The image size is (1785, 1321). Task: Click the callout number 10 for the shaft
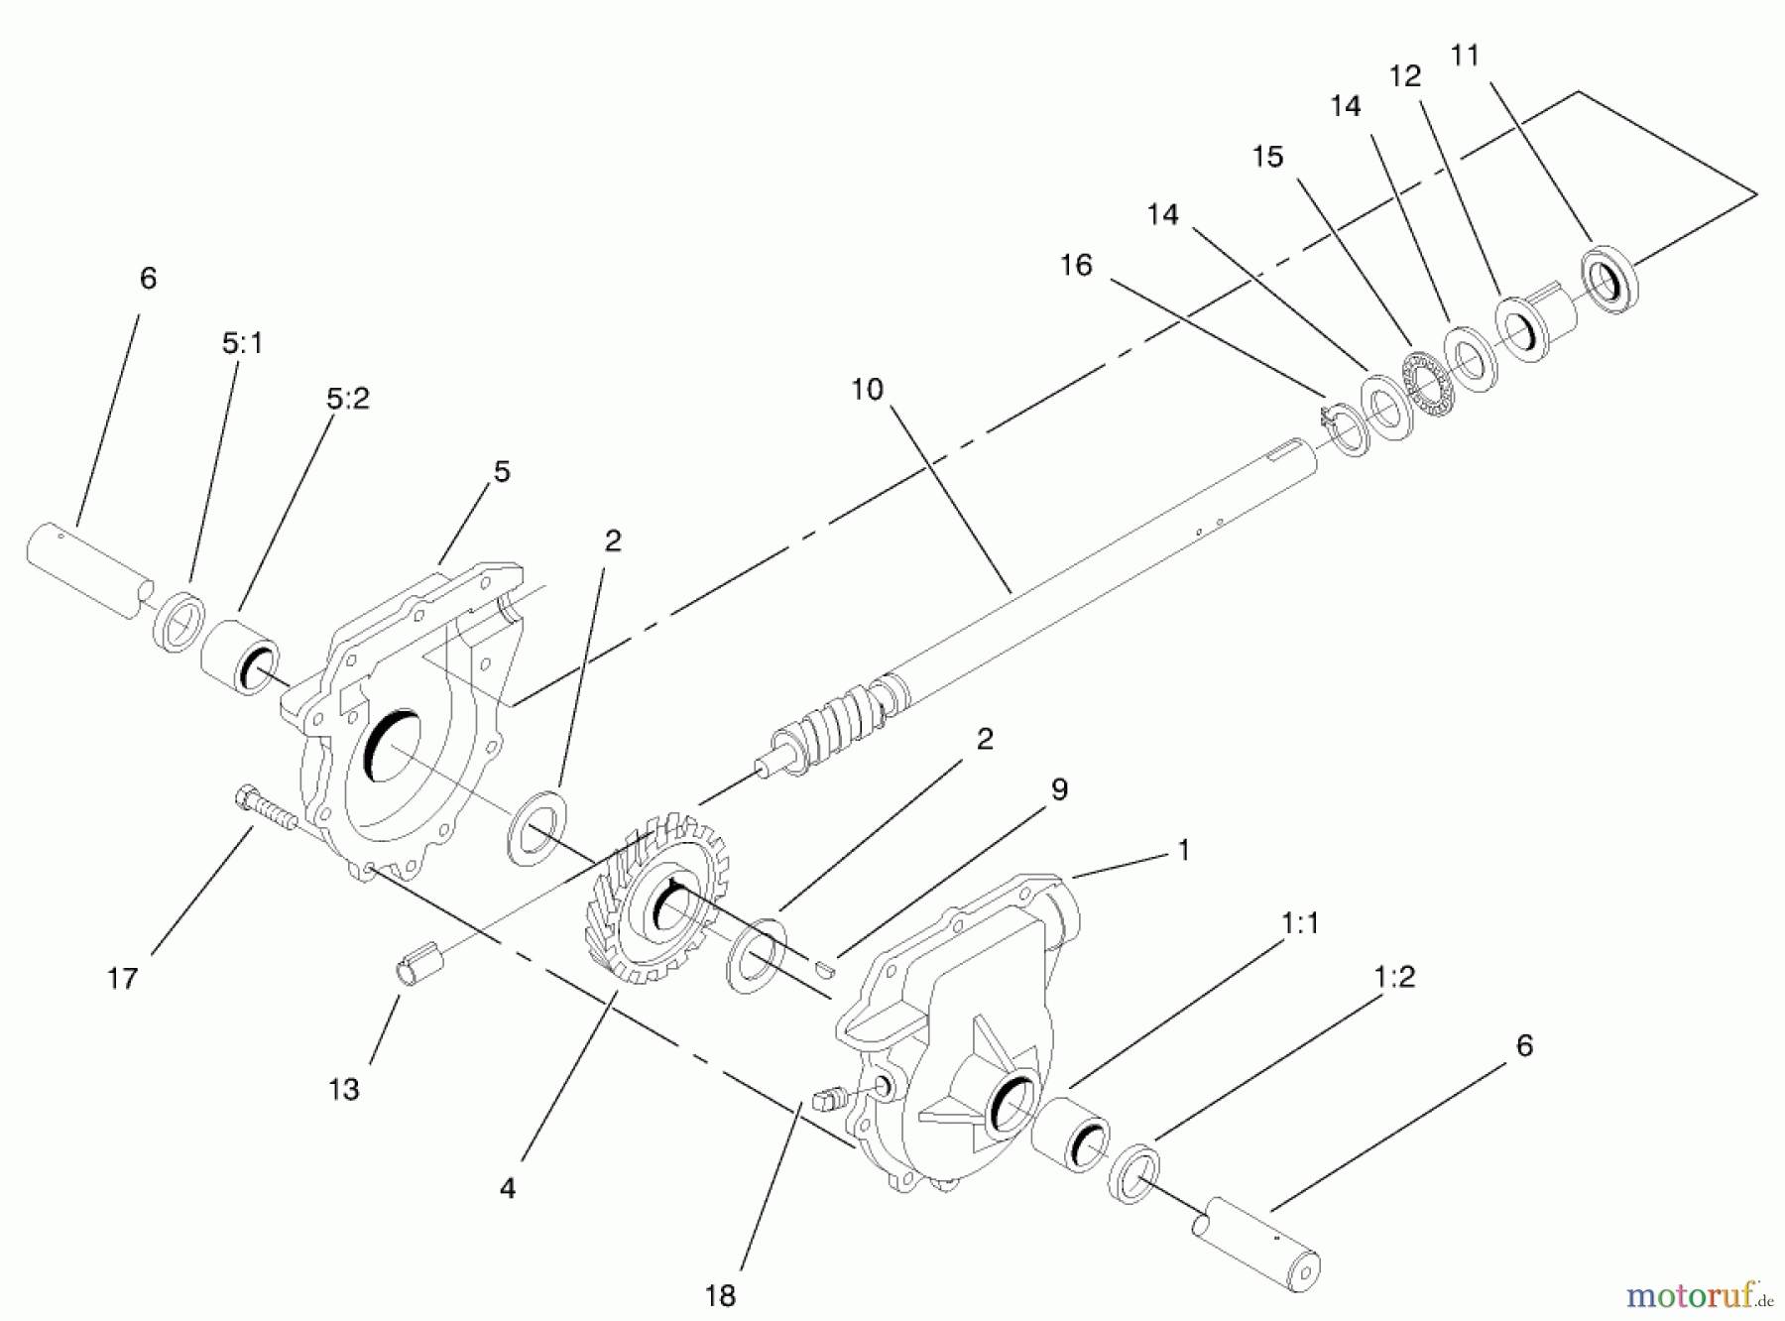pyautogui.click(x=867, y=390)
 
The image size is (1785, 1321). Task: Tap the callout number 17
pyautogui.click(x=122, y=979)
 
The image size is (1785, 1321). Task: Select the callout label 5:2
pyautogui.click(x=347, y=399)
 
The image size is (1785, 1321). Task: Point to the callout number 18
pyautogui.click(x=721, y=1295)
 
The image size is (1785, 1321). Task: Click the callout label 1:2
pyautogui.click(x=1394, y=977)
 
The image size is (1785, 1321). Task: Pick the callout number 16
pyautogui.click(x=1076, y=266)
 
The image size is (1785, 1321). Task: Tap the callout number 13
pyautogui.click(x=344, y=1090)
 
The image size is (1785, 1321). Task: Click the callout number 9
pyautogui.click(x=1059, y=789)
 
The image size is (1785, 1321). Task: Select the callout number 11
pyautogui.click(x=1465, y=56)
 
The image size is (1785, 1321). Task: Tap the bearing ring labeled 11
pyautogui.click(x=1608, y=278)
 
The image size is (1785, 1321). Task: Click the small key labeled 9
pyautogui.click(x=822, y=967)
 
